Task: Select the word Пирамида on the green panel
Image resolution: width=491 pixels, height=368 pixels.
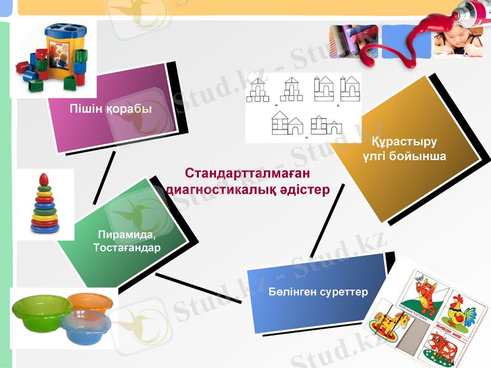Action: click(126, 236)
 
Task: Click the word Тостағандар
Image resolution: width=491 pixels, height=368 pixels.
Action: click(126, 248)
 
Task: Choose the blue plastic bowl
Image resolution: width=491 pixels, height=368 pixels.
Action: click(86, 328)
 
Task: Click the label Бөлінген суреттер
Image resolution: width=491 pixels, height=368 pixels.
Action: click(318, 291)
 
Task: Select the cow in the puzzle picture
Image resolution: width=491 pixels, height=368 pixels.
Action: click(449, 343)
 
